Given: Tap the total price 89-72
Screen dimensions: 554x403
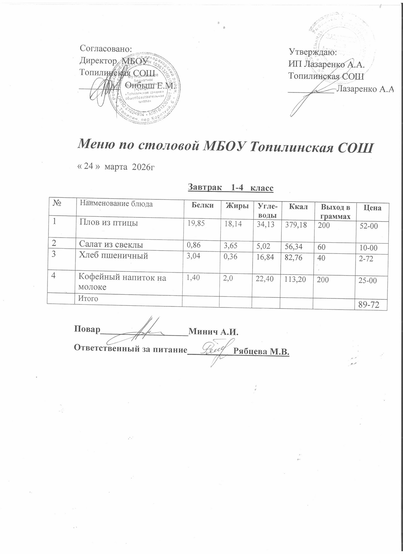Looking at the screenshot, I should pos(368,305).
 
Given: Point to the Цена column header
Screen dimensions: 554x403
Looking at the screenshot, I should pos(372,208).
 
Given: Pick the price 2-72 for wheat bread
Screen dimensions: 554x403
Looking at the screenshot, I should pos(366,258).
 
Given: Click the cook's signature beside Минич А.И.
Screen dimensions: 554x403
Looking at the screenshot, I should pos(144,330).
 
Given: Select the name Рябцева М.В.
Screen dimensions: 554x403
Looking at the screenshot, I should pos(261,351).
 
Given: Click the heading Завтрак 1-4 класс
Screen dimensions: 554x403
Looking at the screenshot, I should pos(230,188).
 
